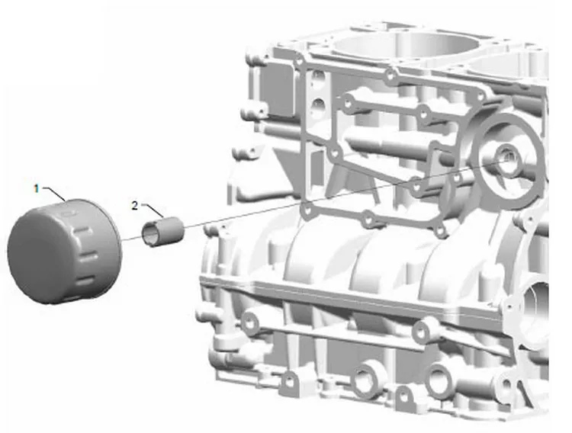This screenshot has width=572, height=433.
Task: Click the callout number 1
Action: pos(36,188)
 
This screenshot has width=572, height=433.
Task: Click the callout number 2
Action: pos(135,206)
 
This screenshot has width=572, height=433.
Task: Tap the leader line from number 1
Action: pos(55,193)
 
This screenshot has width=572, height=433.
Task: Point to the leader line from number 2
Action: pos(153,210)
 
